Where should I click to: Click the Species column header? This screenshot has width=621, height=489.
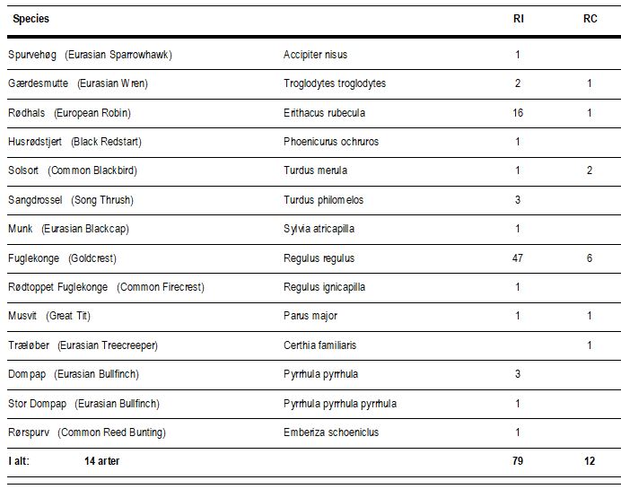tap(31, 19)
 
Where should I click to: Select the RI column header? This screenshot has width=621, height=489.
tap(519, 19)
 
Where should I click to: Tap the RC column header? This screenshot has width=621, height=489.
tap(590, 19)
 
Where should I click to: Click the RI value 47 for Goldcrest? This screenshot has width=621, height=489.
tap(518, 258)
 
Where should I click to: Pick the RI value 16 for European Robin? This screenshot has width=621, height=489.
tap(518, 113)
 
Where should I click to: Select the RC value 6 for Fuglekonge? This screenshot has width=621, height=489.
tap(590, 258)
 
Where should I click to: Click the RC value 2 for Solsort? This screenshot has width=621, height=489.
tap(590, 170)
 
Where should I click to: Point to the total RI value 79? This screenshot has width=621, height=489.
tap(518, 461)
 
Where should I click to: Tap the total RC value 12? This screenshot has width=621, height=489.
tap(590, 461)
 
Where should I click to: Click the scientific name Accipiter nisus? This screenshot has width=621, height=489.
tap(315, 55)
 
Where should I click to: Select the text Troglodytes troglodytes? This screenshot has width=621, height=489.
tap(335, 83)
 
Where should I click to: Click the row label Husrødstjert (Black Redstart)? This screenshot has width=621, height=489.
tap(74, 142)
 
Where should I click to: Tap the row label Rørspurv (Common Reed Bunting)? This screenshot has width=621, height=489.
tap(87, 432)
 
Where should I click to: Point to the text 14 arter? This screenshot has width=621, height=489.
tap(101, 461)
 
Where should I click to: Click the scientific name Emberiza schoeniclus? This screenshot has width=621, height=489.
tap(331, 432)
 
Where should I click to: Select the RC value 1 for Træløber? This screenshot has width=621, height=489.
tap(590, 345)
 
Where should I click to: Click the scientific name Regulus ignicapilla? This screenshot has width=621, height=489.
tap(324, 287)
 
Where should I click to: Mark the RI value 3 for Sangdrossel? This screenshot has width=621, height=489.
tap(518, 200)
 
